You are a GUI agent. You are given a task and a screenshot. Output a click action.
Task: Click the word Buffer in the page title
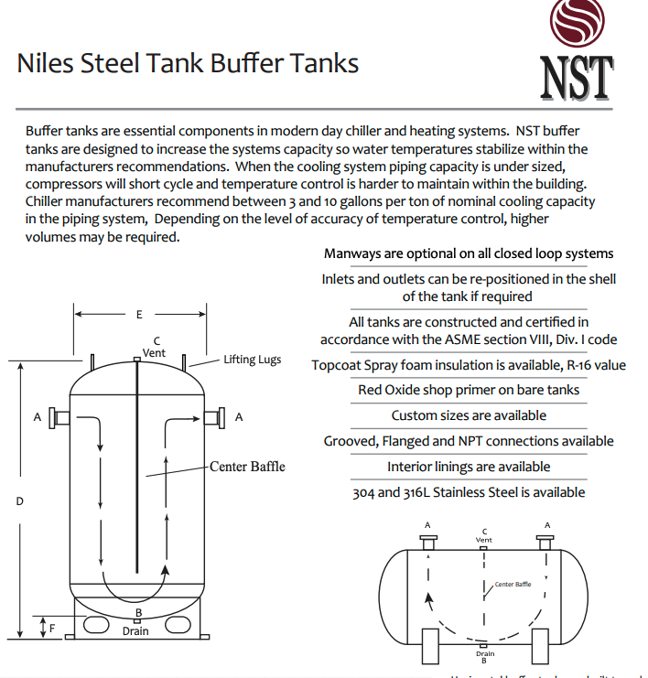(x=248, y=64)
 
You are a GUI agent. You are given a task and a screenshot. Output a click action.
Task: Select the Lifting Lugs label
(x=252, y=360)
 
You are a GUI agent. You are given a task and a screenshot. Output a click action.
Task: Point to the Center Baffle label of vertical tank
(x=247, y=467)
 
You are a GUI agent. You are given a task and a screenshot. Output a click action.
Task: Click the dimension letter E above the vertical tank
(x=139, y=315)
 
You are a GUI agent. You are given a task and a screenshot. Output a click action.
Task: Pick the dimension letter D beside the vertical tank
(x=19, y=501)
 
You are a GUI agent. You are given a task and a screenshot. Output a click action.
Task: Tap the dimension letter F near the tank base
(x=51, y=629)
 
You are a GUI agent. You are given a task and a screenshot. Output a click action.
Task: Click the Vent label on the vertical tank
(x=155, y=352)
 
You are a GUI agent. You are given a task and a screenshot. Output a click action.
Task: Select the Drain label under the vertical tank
(x=135, y=631)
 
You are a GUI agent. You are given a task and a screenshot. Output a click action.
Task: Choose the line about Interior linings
(x=468, y=467)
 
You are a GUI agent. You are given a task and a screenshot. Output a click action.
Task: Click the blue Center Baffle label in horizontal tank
(x=513, y=584)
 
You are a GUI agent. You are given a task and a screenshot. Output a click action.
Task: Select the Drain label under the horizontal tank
(x=485, y=653)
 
